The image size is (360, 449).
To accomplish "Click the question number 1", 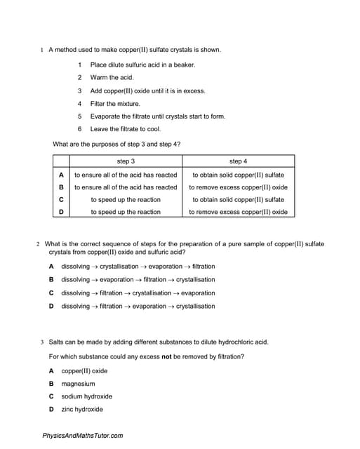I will click(x=43, y=50).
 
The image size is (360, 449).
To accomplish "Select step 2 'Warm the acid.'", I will click(x=112, y=77).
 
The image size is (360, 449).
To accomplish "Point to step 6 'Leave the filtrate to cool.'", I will click(x=126, y=129).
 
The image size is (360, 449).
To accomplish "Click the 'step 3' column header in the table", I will click(x=126, y=161).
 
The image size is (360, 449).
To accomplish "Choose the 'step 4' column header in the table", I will click(x=238, y=161).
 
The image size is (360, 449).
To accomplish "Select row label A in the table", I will click(x=61, y=175).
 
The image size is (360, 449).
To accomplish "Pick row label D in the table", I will click(x=61, y=212).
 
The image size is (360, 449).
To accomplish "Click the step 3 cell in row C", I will click(x=126, y=200).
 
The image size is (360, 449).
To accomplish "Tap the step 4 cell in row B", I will click(x=238, y=187).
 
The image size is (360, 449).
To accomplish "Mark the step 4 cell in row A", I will click(x=238, y=175).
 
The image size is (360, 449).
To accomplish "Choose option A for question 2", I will click(x=51, y=267).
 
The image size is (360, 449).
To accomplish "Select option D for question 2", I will click(x=51, y=306).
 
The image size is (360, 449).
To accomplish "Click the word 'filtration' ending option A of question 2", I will click(x=204, y=267).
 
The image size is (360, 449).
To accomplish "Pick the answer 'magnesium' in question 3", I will click(x=78, y=384).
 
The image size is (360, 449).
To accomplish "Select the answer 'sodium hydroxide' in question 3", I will click(x=86, y=396).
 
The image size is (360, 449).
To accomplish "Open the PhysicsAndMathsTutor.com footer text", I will click(x=83, y=436).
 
